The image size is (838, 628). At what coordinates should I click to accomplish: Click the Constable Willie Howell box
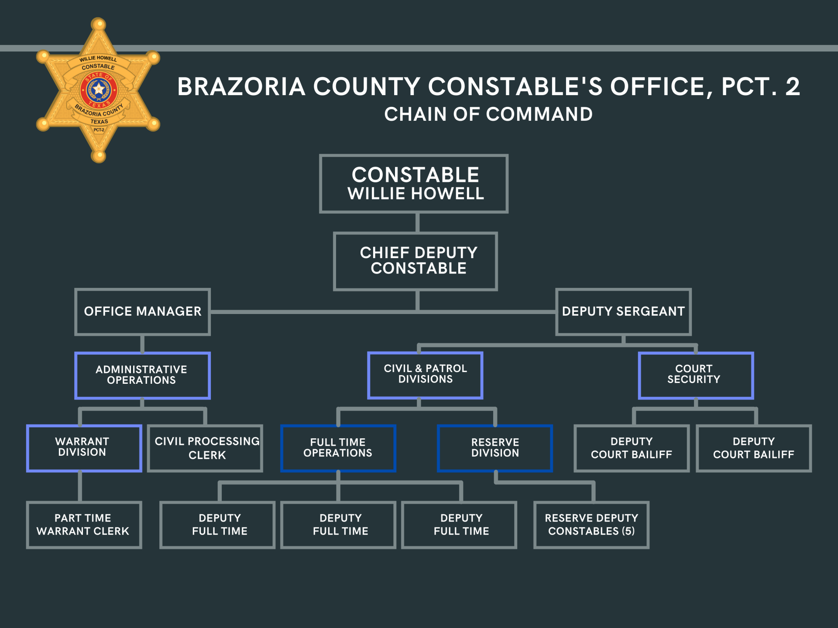click(x=414, y=184)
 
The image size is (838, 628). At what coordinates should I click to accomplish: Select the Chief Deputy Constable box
click(x=416, y=261)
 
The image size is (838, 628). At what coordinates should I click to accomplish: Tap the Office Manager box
click(x=142, y=311)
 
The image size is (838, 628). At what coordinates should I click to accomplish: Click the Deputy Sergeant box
click(x=623, y=311)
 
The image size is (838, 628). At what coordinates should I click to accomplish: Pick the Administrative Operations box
click(x=142, y=375)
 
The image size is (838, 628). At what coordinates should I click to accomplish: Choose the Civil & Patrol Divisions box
click(x=425, y=375)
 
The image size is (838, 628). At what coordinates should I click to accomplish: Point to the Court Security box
click(x=696, y=375)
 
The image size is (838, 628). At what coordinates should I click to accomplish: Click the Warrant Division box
click(x=84, y=448)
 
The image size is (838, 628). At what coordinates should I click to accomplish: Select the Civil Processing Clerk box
click(x=205, y=448)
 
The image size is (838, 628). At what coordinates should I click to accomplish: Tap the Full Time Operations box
click(x=338, y=448)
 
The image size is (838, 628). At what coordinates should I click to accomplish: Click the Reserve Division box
click(x=495, y=448)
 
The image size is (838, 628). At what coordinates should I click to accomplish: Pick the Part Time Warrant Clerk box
click(x=84, y=525)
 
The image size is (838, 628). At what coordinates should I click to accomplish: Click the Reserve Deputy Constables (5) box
click(x=591, y=525)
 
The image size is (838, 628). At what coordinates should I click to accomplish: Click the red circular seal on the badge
click(x=99, y=90)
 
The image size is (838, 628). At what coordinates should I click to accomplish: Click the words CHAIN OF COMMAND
click(x=488, y=114)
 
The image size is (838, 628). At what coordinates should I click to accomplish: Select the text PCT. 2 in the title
click(x=760, y=86)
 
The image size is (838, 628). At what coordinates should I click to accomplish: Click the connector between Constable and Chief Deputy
click(x=418, y=222)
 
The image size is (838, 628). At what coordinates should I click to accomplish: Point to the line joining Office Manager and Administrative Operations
click(x=142, y=344)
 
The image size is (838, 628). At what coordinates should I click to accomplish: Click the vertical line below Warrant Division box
click(x=80, y=486)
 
